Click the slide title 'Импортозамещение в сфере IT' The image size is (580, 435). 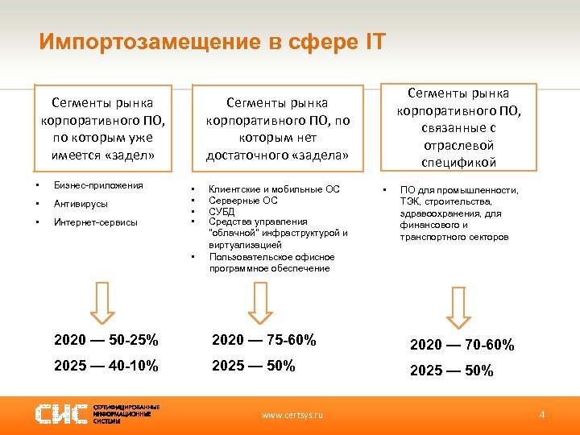(x=213, y=41)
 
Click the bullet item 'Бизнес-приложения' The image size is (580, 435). (x=98, y=185)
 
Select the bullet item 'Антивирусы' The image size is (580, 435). (x=81, y=204)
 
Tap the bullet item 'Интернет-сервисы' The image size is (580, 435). (x=96, y=222)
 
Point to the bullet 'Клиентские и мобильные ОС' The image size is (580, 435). (x=274, y=189)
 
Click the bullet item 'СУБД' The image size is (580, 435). (x=222, y=210)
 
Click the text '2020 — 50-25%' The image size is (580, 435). (x=106, y=340)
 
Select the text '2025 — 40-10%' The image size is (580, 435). (x=106, y=366)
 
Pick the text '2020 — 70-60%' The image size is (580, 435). (x=462, y=345)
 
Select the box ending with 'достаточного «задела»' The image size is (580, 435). (x=277, y=129)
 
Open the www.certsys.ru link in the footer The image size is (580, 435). (x=292, y=415)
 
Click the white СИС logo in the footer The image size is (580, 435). (x=63, y=414)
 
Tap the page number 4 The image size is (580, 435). (x=542, y=414)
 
